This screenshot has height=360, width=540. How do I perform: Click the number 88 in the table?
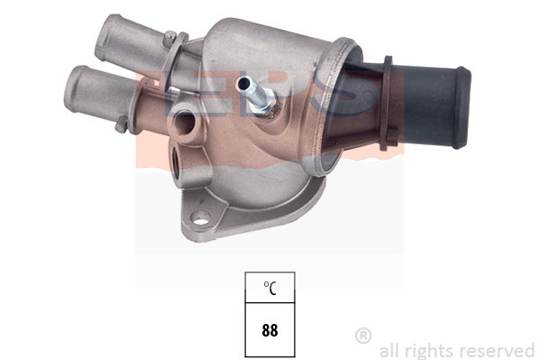[270, 330]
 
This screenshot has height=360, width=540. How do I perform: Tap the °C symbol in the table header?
[270, 288]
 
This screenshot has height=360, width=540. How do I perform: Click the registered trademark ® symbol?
[363, 336]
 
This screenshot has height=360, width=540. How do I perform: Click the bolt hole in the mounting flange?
[200, 217]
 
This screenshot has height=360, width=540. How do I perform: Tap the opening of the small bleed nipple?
[243, 83]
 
